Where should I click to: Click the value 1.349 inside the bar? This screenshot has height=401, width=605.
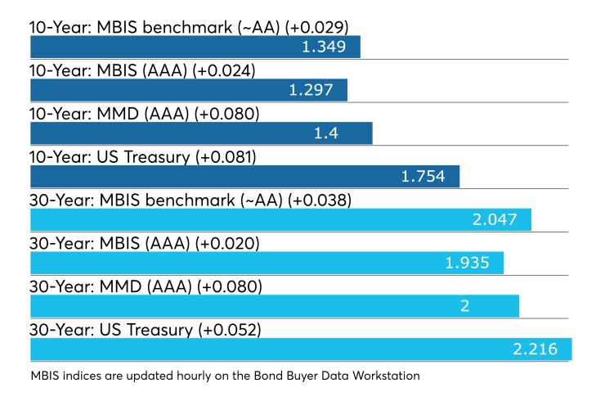[324, 47]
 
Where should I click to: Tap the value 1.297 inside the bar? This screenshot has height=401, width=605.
[311, 90]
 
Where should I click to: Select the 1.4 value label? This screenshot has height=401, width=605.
[326, 133]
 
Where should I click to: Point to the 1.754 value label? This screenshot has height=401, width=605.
[423, 177]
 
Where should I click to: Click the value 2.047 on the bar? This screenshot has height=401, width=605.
[495, 220]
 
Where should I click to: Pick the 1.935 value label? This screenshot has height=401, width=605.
[468, 263]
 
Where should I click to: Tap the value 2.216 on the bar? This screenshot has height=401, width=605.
[536, 349]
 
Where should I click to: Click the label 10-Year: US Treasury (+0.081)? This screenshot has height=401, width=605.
[143, 157]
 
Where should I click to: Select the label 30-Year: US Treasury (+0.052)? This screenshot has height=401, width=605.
[146, 330]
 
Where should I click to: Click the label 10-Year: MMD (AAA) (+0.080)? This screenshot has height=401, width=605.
[145, 114]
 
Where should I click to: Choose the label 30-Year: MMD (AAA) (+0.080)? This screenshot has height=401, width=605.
[146, 286]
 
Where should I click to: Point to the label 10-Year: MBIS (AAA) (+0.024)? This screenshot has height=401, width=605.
[142, 70]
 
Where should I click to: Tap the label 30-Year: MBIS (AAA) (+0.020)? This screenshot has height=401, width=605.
[145, 243]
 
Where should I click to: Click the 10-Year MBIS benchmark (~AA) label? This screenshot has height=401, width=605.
[189, 28]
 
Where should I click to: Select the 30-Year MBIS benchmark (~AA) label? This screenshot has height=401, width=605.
[190, 200]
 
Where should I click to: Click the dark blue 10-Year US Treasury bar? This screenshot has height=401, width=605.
[245, 177]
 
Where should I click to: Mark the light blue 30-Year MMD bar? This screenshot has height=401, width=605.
[275, 306]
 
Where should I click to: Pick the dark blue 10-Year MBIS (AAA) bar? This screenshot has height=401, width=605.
[189, 90]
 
